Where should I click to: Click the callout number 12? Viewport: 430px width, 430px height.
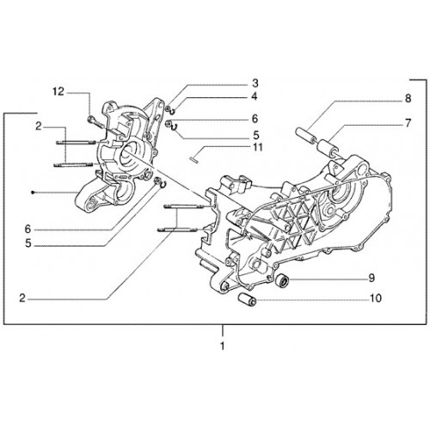pyautogui.click(x=58, y=92)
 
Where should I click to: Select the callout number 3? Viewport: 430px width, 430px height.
pyautogui.click(x=255, y=83)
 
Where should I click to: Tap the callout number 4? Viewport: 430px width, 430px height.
pyautogui.click(x=255, y=96)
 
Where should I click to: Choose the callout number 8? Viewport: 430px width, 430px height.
pyautogui.click(x=408, y=98)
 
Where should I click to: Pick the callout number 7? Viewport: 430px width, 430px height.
pyautogui.click(x=408, y=123)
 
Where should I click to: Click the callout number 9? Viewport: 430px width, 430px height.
pyautogui.click(x=372, y=278)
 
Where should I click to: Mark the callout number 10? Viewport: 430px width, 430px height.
pyautogui.click(x=376, y=298)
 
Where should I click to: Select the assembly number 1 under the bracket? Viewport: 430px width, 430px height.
pyautogui.click(x=223, y=346)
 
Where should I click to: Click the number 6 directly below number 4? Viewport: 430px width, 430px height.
pyautogui.click(x=255, y=119)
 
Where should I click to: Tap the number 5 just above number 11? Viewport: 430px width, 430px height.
pyautogui.click(x=255, y=135)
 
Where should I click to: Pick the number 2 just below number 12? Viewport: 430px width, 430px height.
pyautogui.click(x=39, y=126)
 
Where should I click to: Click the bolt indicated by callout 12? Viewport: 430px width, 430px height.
pyautogui.click(x=95, y=121)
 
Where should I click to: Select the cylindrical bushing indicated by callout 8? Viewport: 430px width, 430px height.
pyautogui.click(x=304, y=135)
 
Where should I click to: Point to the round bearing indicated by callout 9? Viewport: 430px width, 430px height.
pyautogui.click(x=281, y=279)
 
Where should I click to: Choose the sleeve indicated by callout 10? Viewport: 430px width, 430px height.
pyautogui.click(x=246, y=298)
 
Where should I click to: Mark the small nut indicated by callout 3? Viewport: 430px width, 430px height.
pyautogui.click(x=168, y=108)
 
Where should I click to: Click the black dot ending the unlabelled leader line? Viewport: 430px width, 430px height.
pyautogui.click(x=34, y=193)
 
